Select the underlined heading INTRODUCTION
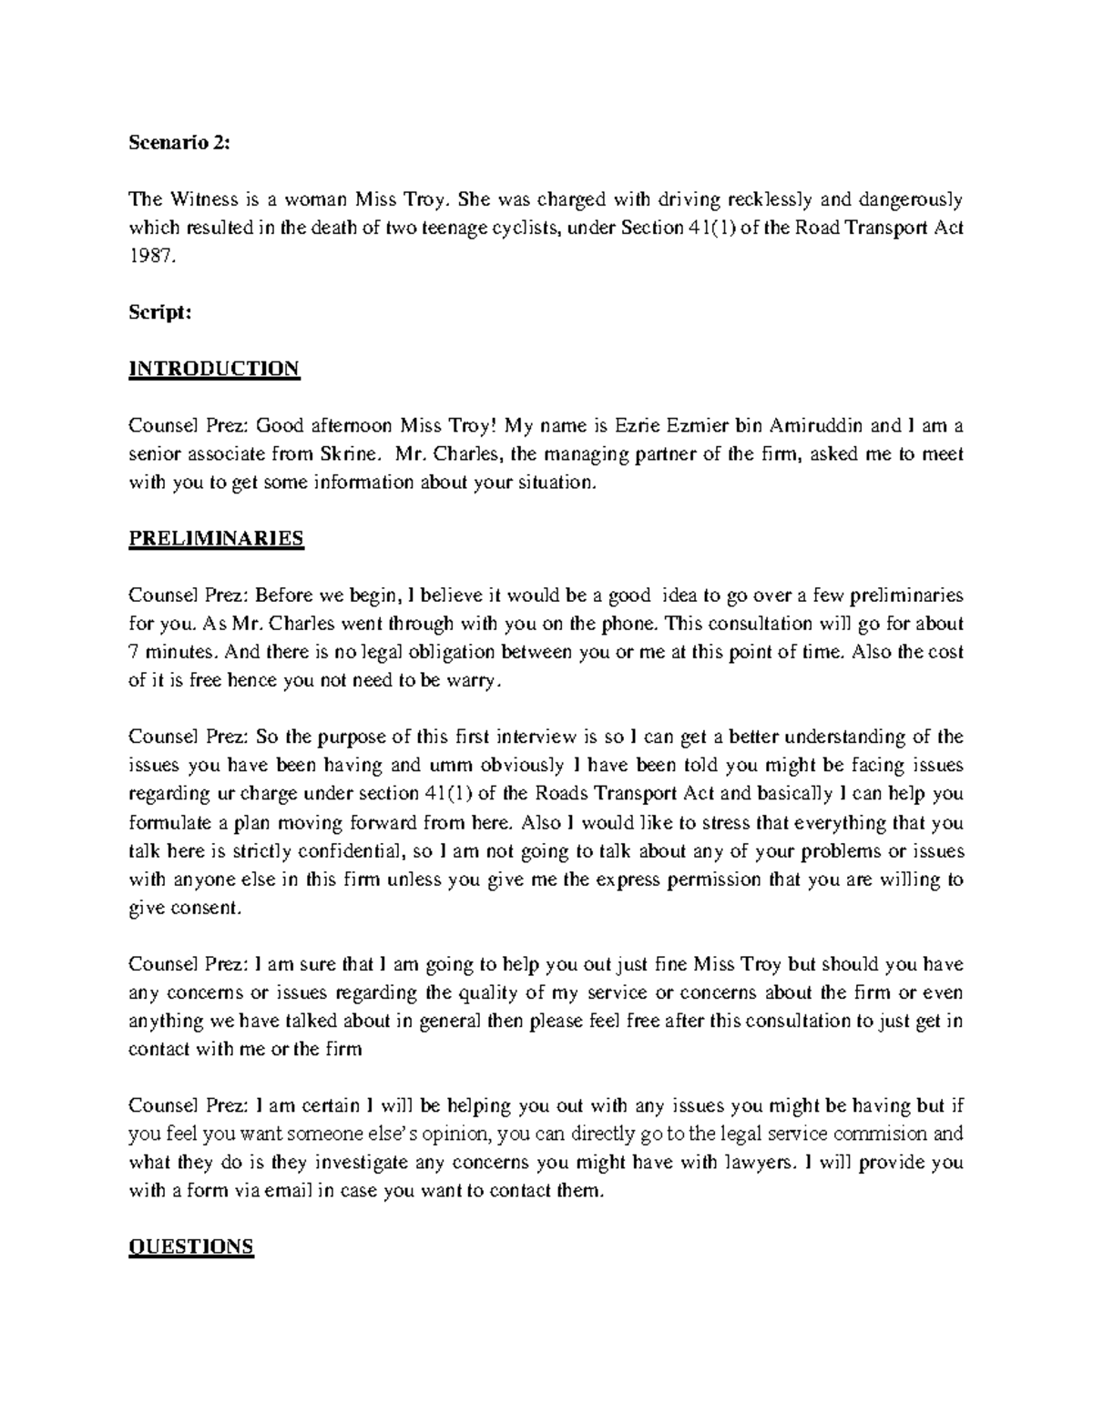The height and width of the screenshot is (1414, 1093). tap(214, 369)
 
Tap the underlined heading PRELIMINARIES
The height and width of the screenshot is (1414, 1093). tap(216, 538)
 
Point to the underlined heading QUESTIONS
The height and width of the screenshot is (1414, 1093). tap(191, 1246)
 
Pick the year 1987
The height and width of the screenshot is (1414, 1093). tap(148, 256)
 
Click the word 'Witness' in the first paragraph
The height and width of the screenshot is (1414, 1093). tap(194, 199)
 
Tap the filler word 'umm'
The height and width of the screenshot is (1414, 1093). tap(442, 765)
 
